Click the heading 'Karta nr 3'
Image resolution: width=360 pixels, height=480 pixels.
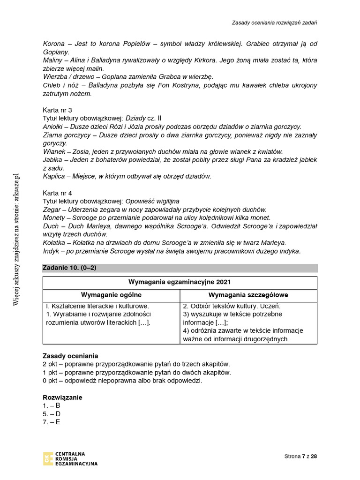57,110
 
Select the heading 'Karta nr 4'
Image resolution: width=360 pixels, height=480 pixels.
57,193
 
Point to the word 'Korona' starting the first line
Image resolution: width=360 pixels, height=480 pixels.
53,44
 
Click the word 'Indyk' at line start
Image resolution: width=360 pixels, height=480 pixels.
51,251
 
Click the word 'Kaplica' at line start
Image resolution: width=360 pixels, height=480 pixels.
54,176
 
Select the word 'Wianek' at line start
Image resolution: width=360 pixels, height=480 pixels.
53,151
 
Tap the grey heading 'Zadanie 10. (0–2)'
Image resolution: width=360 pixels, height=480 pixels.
69,268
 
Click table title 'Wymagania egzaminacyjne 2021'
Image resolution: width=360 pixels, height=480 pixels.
180,282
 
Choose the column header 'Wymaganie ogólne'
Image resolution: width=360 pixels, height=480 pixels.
111,295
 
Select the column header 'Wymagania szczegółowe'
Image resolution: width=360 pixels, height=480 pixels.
248,295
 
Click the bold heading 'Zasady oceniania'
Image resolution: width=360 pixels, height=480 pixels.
70,356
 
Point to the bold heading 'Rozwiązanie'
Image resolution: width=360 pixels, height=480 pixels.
62,397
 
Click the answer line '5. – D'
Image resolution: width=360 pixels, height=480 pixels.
52,414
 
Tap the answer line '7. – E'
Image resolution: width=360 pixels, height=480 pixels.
52,422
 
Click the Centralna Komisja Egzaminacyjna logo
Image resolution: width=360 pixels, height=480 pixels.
70,458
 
